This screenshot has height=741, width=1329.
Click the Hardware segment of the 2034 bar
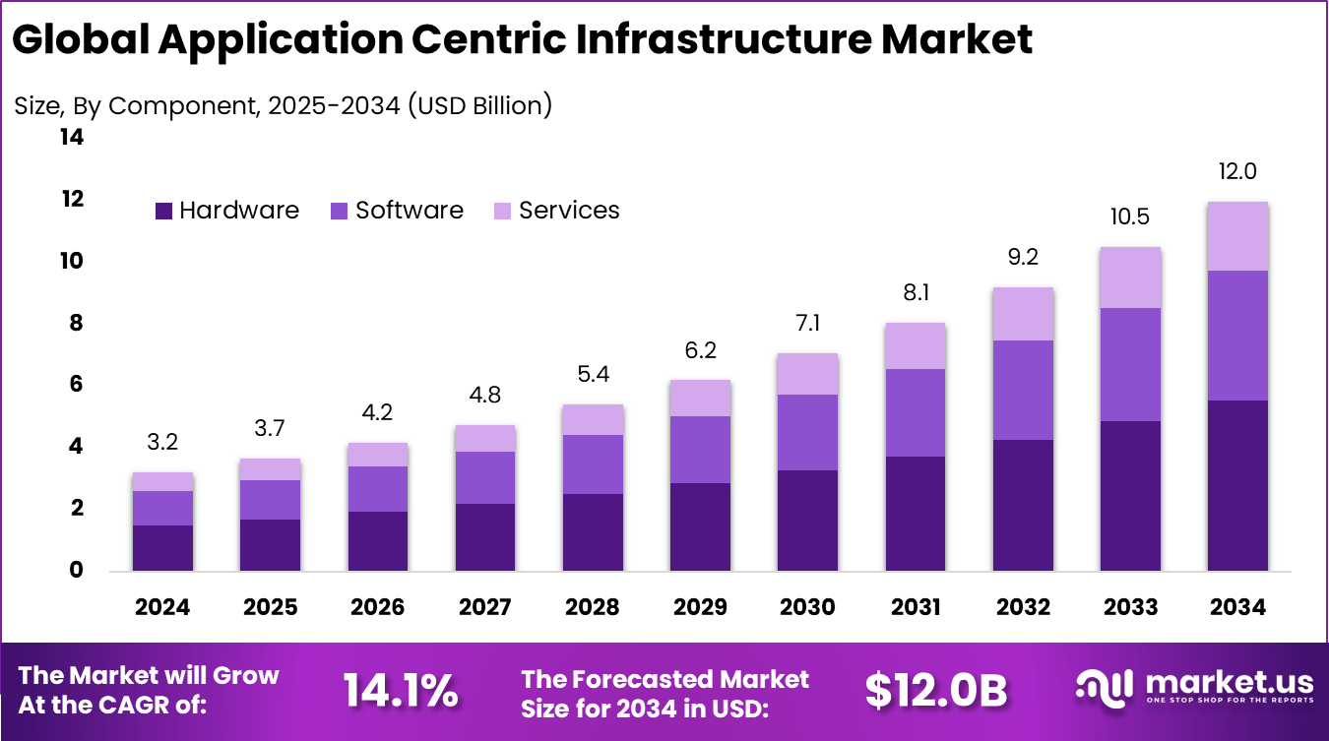[1237, 485]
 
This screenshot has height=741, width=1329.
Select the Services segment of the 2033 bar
[1130, 278]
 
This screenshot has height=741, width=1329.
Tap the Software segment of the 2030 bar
[807, 432]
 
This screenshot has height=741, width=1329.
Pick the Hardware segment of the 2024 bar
[162, 547]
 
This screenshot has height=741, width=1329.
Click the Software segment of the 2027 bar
[485, 477]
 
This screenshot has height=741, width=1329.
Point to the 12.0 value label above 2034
[1237, 171]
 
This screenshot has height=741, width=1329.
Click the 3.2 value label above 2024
[162, 442]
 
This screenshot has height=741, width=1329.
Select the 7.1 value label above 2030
[807, 323]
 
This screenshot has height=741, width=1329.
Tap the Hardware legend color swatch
[163, 211]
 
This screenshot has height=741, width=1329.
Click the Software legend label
[409, 211]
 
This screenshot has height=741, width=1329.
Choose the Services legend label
[569, 211]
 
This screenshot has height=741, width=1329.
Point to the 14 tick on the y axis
[72, 138]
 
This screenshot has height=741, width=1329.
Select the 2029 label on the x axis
[700, 607]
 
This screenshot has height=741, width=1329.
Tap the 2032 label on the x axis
[1023, 607]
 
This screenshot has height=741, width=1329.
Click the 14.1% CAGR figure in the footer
[400, 692]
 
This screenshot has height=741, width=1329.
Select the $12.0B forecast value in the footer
[936, 692]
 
